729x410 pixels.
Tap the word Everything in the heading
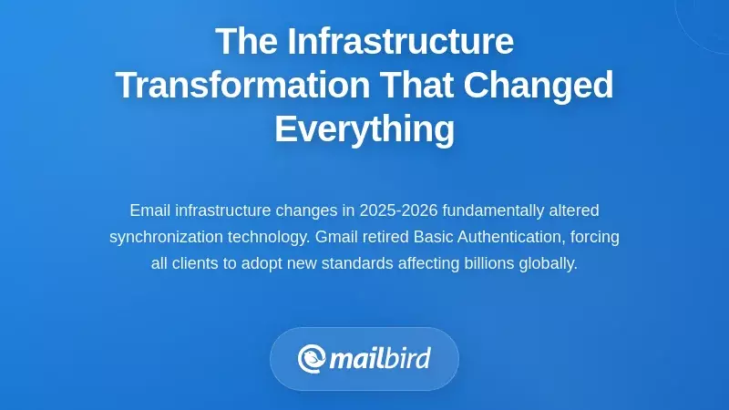364,128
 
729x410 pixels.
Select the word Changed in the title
539,86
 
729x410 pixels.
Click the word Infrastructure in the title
401,42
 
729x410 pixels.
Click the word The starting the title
246,42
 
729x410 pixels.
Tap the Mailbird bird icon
312,358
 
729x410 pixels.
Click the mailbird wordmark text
379,358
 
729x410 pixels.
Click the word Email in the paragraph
149,210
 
